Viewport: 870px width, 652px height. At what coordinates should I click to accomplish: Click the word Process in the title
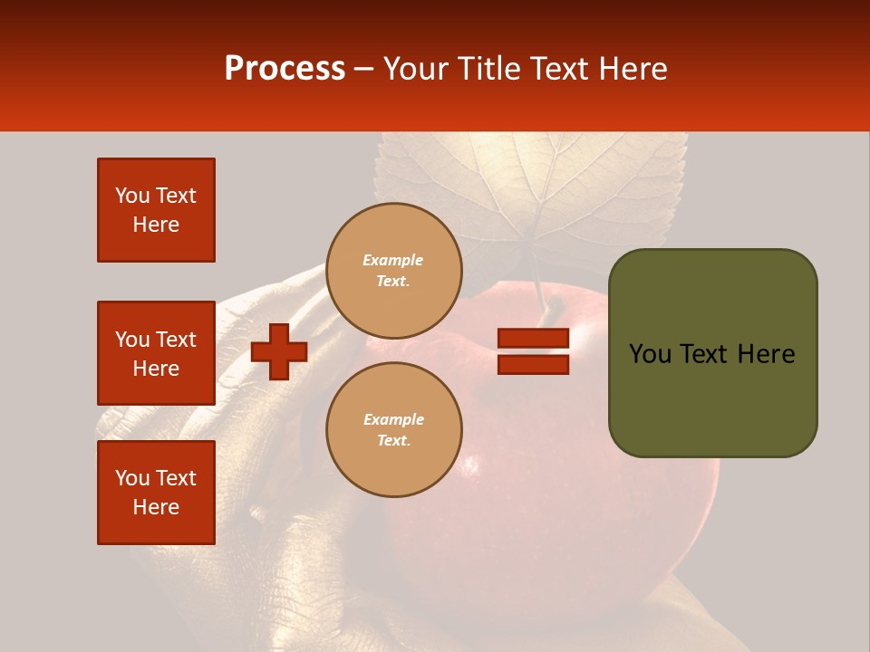coord(285,69)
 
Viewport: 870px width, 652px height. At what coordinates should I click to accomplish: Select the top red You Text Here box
coord(156,210)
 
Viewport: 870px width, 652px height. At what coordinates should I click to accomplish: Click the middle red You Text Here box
coord(156,353)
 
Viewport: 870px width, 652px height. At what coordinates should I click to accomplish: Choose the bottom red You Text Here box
coord(156,492)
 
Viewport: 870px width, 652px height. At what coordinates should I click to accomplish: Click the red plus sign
coord(279,351)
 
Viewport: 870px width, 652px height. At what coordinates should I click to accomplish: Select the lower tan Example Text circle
coord(393,430)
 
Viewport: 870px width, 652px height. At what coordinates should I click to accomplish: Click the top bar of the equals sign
coord(533,338)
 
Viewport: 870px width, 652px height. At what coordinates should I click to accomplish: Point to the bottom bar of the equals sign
coord(533,365)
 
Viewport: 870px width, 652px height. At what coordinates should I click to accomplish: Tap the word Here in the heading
coord(630,69)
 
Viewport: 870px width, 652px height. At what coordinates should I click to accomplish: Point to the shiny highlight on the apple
coord(471,466)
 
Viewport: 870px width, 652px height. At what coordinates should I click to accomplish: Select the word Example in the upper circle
coord(393,260)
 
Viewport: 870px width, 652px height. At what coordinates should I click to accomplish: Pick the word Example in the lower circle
coord(393,419)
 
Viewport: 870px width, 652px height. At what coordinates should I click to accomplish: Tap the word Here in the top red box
coord(156,225)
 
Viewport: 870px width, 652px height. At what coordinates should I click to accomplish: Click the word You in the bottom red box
coord(132,478)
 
